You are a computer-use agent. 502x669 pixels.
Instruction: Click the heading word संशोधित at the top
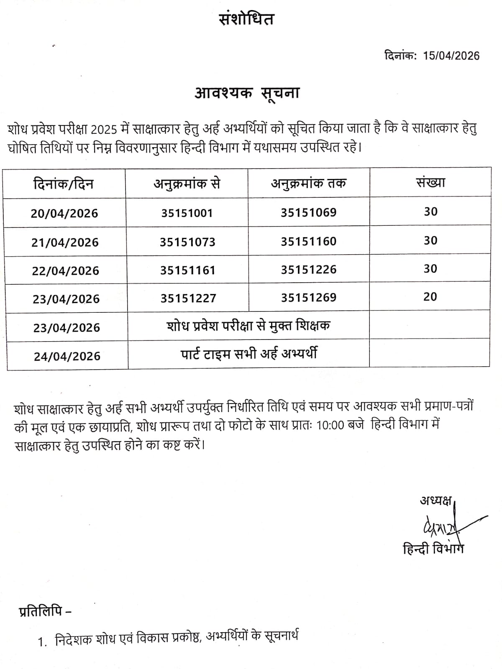click(247, 19)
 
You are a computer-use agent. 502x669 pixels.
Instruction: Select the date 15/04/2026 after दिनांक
click(451, 56)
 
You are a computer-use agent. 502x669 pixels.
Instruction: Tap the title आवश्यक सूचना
click(247, 93)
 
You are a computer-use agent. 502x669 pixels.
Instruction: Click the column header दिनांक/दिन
click(64, 184)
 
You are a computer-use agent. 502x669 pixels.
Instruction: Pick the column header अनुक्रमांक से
click(187, 184)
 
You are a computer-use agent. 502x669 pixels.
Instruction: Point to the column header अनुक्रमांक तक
click(308, 183)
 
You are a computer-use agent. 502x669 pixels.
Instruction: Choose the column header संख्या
click(430, 182)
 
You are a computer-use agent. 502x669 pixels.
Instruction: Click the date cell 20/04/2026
click(64, 214)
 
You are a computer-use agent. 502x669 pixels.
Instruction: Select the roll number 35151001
click(187, 213)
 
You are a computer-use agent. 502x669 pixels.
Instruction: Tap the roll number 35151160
click(308, 242)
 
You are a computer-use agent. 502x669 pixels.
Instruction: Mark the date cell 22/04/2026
click(66, 271)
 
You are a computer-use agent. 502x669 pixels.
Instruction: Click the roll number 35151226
click(308, 270)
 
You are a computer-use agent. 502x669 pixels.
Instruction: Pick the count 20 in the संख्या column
click(430, 297)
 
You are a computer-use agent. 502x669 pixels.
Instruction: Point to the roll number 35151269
click(308, 298)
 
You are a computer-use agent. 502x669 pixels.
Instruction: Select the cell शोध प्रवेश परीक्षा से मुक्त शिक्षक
click(248, 325)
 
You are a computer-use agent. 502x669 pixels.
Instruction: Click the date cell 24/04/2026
click(67, 356)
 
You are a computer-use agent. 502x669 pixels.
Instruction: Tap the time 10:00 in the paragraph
click(330, 426)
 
